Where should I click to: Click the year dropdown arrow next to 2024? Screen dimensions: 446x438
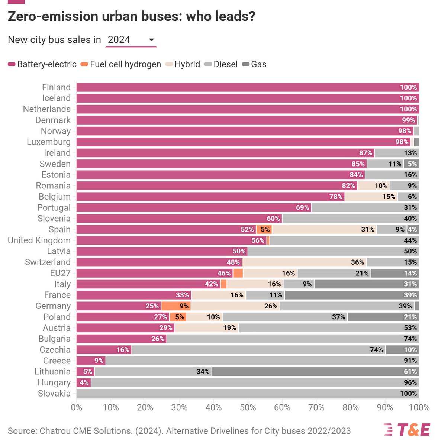click(151, 40)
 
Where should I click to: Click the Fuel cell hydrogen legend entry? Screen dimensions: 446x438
click(121, 64)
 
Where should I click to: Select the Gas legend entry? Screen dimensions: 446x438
click(254, 64)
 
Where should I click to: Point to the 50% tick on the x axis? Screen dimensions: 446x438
click(248, 407)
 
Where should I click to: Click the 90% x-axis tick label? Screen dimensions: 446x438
click(385, 407)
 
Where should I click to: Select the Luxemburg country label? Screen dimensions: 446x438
click(49, 142)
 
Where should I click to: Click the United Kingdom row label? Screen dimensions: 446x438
click(39, 240)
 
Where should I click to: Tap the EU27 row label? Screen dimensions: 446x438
click(60, 273)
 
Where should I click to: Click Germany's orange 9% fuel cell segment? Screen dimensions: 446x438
click(176, 306)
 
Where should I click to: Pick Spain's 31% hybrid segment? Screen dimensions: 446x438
click(324, 229)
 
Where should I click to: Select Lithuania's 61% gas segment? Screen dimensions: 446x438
click(315, 372)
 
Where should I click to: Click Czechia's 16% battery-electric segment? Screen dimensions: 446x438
click(104, 350)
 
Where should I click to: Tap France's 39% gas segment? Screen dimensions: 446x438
click(352, 295)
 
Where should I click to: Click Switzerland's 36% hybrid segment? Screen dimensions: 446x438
click(305, 262)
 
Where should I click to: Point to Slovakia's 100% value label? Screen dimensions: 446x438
click(408, 394)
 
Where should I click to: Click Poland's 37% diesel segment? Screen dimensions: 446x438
click(285, 317)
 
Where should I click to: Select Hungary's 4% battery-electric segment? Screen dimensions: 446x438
click(84, 382)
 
